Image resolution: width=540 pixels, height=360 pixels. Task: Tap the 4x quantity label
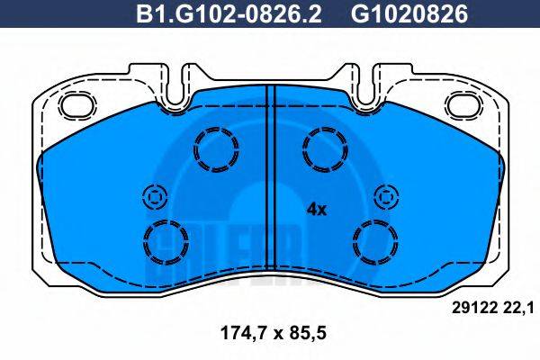click(x=317, y=209)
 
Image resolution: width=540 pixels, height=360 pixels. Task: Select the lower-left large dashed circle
click(x=166, y=240)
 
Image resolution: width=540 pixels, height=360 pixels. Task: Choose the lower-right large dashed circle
click(x=374, y=240)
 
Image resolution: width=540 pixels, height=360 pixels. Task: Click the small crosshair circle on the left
click(x=153, y=195)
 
